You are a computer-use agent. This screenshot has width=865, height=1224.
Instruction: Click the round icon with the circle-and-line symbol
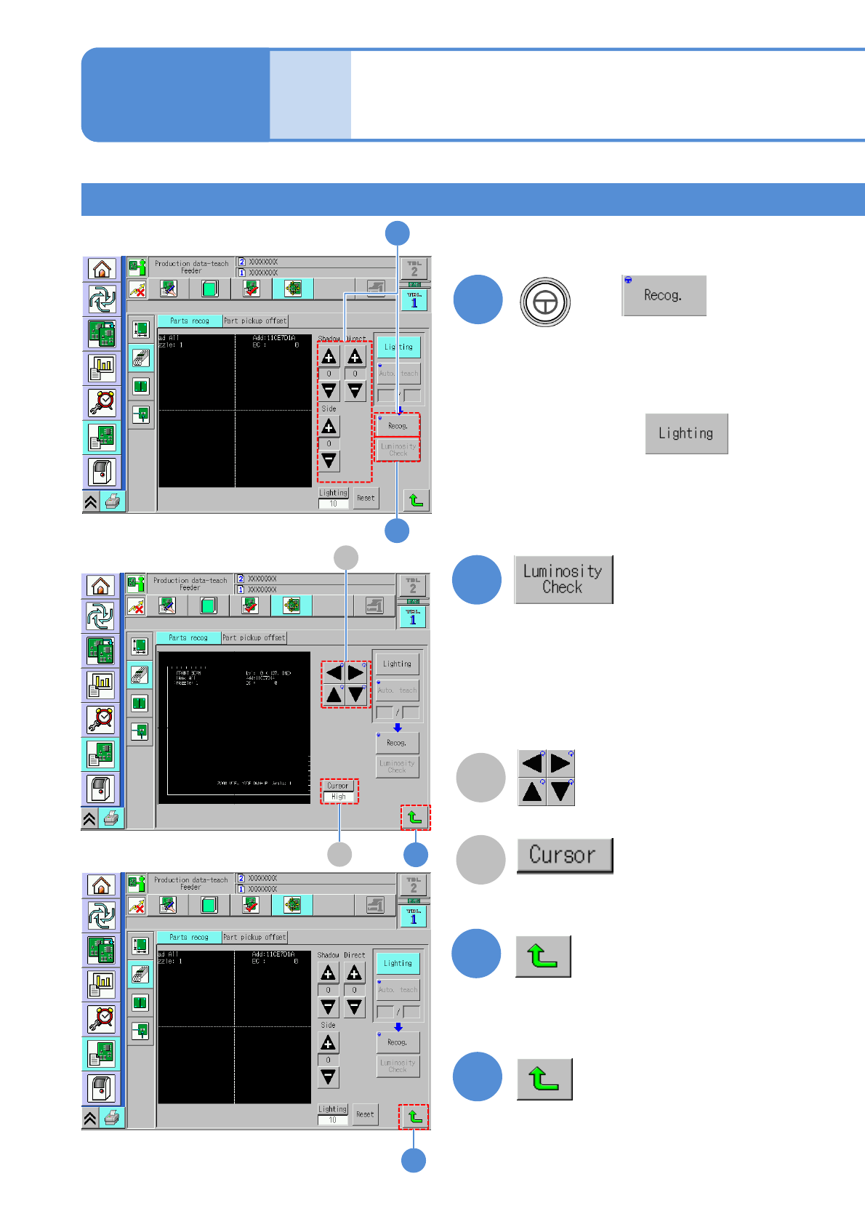(545, 302)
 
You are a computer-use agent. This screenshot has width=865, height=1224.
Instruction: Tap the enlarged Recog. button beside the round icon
(664, 295)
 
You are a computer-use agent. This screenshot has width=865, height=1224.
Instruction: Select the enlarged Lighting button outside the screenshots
(686, 433)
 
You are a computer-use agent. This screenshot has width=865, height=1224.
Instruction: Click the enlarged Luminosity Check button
(563, 579)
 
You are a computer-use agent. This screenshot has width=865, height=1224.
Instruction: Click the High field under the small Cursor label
(339, 797)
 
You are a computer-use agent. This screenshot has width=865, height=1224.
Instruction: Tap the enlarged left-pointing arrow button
(532, 763)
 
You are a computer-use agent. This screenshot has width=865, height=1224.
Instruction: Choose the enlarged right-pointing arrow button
(560, 763)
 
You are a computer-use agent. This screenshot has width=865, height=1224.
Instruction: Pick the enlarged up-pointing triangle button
(532, 792)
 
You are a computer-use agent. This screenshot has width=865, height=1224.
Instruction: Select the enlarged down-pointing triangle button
(560, 792)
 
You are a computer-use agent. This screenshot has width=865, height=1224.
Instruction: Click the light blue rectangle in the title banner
(310, 94)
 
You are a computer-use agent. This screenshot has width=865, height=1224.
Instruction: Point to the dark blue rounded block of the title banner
(175, 94)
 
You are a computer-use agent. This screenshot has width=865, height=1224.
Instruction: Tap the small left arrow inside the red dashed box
(334, 672)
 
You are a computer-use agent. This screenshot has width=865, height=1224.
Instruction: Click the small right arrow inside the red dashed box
(355, 672)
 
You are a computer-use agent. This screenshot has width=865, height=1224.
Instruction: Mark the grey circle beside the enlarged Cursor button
(480, 859)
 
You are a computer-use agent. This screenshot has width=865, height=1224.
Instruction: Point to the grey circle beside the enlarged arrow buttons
(480, 777)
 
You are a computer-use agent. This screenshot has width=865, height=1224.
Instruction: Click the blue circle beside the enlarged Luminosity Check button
(477, 579)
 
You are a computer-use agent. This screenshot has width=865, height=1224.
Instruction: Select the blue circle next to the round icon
(478, 299)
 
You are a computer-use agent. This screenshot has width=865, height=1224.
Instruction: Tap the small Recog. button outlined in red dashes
(398, 426)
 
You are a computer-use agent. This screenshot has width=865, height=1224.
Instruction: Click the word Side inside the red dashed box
(329, 408)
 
